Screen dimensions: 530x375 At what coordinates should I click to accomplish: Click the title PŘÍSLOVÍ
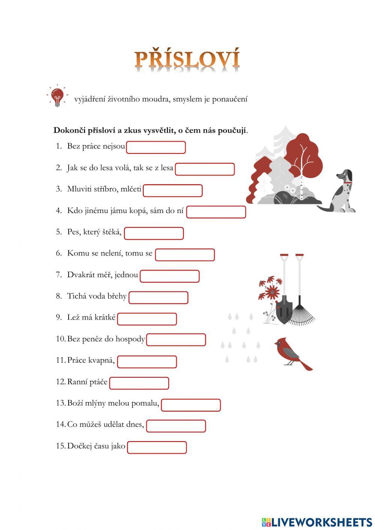pyautogui.click(x=187, y=59)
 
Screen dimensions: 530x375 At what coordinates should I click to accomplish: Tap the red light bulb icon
pyautogui.click(x=57, y=96)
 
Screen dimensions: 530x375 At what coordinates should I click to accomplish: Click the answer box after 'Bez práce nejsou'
pyautogui.click(x=156, y=147)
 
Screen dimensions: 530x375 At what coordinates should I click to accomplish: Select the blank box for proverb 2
pyautogui.click(x=205, y=169)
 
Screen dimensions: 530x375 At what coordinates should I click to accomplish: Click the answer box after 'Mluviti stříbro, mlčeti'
pyautogui.click(x=172, y=191)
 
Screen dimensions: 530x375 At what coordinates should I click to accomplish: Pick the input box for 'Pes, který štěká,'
pyautogui.click(x=154, y=233)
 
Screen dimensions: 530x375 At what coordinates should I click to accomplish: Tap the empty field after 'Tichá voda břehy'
pyautogui.click(x=158, y=298)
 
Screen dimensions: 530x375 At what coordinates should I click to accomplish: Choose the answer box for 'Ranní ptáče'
pyautogui.click(x=139, y=383)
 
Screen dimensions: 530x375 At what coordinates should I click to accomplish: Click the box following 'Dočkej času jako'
pyautogui.click(x=157, y=447)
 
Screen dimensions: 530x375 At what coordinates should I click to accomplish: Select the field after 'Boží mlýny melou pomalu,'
pyautogui.click(x=191, y=405)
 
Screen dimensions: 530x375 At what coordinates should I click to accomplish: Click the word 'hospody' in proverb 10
pyautogui.click(x=130, y=339)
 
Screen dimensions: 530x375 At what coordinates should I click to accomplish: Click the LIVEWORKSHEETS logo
pyautogui.click(x=317, y=522)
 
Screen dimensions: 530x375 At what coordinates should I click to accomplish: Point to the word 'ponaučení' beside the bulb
pyautogui.click(x=230, y=99)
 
